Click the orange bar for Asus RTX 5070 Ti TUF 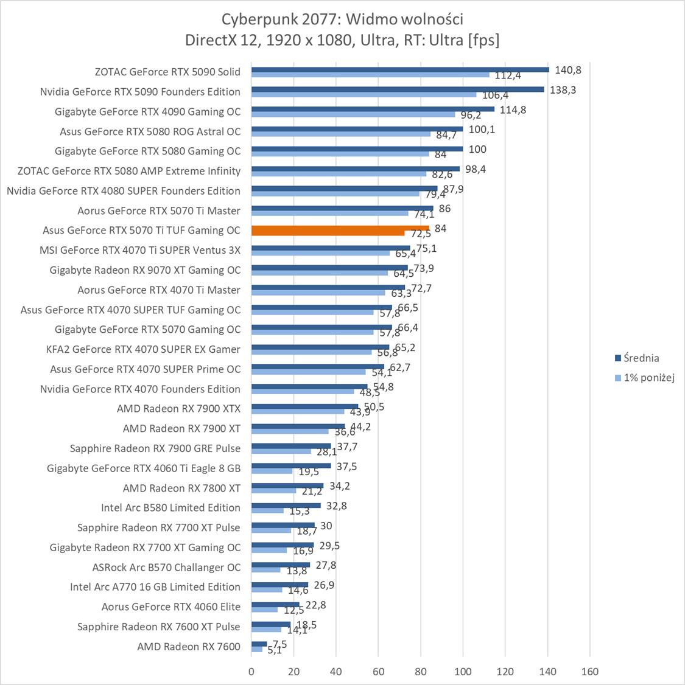coord(340,231)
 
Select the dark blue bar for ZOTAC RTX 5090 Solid coord(400,69)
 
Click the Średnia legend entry coord(637,358)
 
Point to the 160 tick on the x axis coord(590,672)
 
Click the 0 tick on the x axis coord(251,672)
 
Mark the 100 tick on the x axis coord(463,672)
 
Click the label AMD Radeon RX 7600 coord(189,647)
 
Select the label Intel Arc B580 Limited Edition coord(170,508)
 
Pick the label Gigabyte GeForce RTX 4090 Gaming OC coord(147,111)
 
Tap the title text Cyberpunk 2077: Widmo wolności coord(342,20)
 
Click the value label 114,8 coord(513,110)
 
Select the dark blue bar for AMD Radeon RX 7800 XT coord(287,485)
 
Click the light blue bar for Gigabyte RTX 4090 coord(353,114)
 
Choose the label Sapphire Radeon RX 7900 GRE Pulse coord(155,448)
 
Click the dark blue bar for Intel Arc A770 coord(279,585)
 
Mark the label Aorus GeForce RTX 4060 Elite coord(170,607)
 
